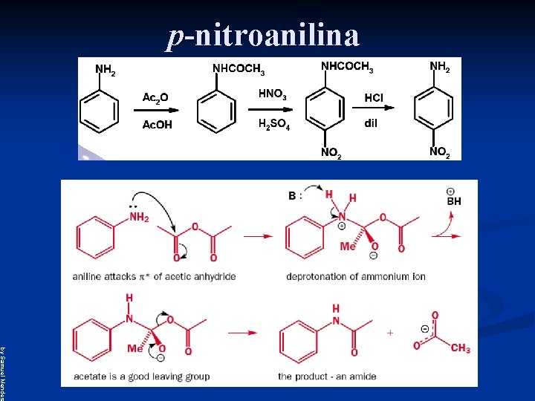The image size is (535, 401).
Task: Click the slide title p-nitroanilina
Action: coord(264,35)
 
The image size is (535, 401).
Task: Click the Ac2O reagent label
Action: coord(155,97)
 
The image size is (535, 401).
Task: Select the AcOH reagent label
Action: coord(157,125)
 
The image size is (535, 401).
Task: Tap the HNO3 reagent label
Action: coord(272,94)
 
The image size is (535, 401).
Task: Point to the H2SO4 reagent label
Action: coord(273,124)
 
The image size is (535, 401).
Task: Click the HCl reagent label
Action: coord(374,98)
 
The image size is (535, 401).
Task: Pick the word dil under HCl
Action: coord(370,123)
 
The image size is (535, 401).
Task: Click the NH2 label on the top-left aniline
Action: coord(106,71)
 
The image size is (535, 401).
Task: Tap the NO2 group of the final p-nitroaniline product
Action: coord(439,152)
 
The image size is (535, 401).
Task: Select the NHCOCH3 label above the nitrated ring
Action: coord(346,67)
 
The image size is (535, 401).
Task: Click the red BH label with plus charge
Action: coord(453,200)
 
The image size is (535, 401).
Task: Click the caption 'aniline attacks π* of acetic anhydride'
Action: coord(154,276)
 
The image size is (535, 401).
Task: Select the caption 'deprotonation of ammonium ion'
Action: coord(355,276)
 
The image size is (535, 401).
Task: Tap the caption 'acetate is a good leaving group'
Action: coord(141,376)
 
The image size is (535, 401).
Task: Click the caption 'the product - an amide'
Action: coord(327,376)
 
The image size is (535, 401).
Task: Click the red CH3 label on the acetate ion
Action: coord(460,348)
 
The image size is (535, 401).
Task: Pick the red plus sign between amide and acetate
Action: coord(390,333)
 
